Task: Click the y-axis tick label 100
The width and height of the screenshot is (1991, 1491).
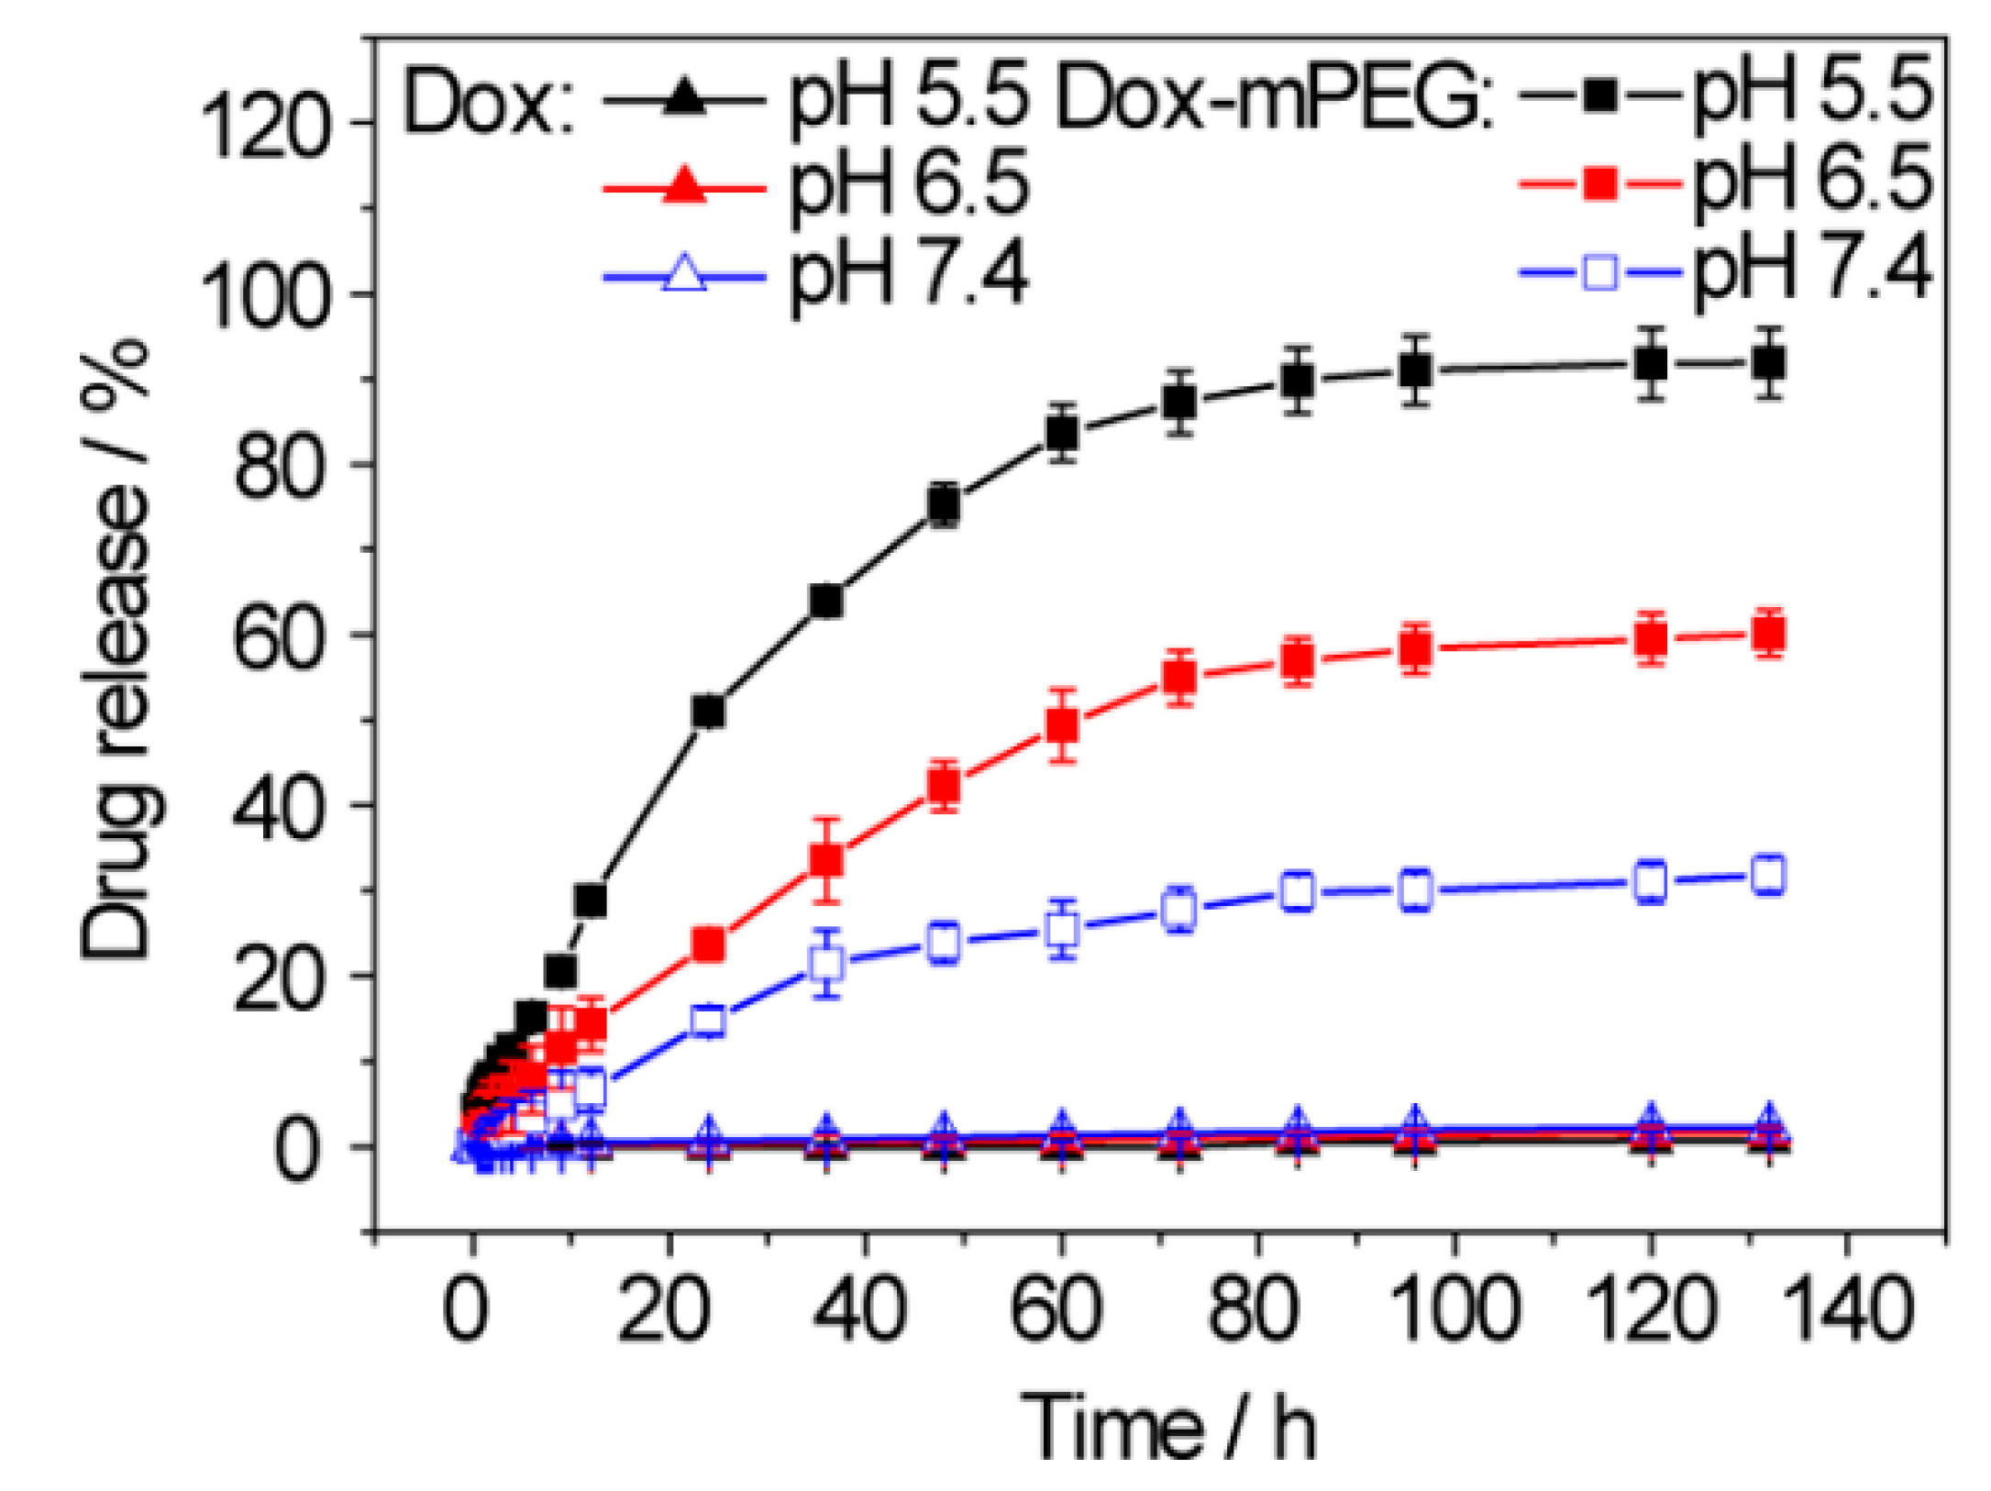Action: [x=264, y=297]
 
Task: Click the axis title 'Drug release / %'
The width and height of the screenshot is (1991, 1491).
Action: [x=117, y=650]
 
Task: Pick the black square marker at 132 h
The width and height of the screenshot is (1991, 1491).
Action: [x=1768, y=364]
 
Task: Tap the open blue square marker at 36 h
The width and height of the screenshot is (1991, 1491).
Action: [x=827, y=963]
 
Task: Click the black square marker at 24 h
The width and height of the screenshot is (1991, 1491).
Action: [x=709, y=712]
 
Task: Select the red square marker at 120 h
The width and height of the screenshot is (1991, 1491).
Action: [x=1651, y=638]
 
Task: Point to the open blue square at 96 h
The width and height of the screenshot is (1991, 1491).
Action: [x=1416, y=889]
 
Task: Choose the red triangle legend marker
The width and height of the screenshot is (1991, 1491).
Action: [x=684, y=187]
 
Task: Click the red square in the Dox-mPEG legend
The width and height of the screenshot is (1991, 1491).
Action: [x=1599, y=183]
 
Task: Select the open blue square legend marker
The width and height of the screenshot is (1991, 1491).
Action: [x=1599, y=272]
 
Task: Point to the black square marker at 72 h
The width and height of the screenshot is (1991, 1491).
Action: [x=1179, y=402]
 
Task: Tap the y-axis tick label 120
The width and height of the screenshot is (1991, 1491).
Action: [x=264, y=127]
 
